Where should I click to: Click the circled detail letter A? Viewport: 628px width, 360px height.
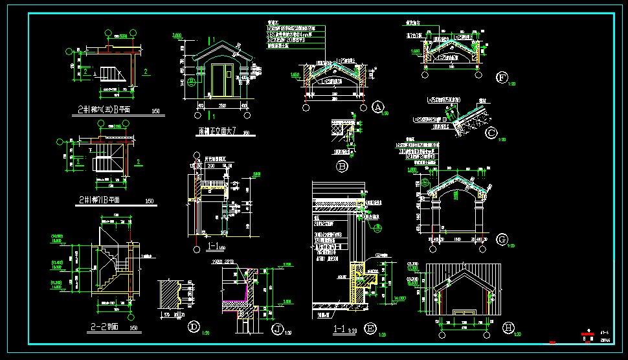378,107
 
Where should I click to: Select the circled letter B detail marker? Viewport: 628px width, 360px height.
343,166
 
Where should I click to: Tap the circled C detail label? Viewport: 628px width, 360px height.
492,134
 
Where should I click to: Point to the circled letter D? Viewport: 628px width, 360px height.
194,327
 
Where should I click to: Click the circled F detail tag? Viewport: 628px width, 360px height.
502,78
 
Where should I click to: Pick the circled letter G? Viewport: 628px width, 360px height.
502,240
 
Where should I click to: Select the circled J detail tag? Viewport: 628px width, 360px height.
278,330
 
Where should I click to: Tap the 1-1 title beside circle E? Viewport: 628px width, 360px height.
339,330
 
